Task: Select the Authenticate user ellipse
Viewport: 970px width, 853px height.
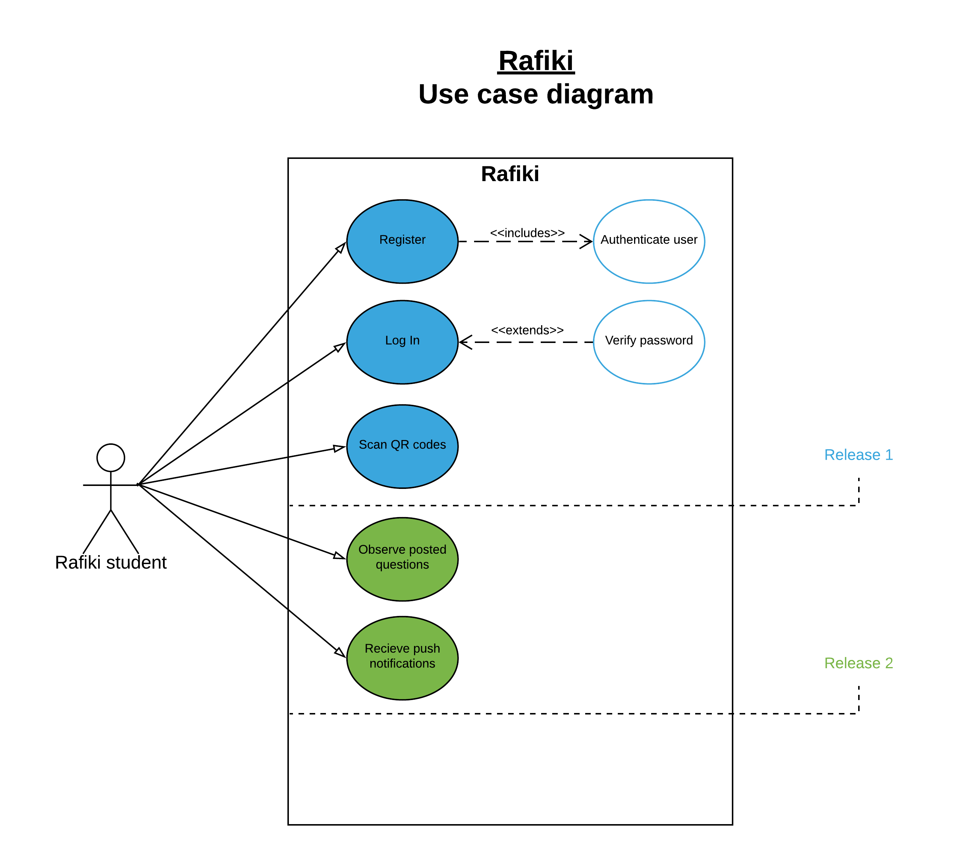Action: [x=649, y=241]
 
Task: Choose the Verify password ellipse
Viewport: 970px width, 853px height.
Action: [x=649, y=342]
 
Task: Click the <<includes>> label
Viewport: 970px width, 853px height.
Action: [x=527, y=233]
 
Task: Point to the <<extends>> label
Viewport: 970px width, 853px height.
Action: [x=527, y=330]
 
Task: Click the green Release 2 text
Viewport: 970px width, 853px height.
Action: [x=858, y=663]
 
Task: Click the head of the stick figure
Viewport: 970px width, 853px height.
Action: [x=111, y=457]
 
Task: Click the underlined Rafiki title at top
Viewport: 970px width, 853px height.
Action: [x=536, y=61]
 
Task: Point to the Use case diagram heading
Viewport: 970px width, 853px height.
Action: [x=536, y=94]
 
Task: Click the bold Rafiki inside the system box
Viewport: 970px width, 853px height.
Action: [x=510, y=174]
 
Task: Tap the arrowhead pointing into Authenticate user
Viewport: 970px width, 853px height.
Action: [x=587, y=241]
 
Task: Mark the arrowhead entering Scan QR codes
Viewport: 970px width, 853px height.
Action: [x=339, y=448]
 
